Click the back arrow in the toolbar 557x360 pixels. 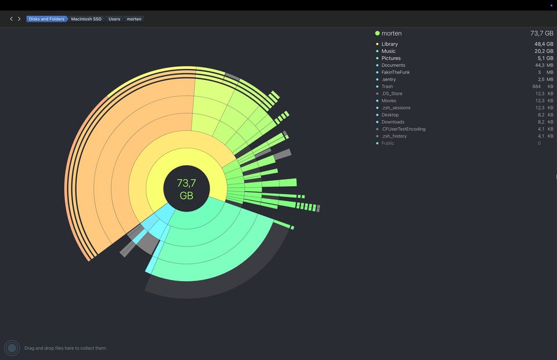tap(12, 19)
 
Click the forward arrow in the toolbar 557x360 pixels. tap(19, 19)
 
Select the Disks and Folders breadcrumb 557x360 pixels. tap(47, 19)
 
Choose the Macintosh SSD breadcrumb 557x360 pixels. tap(86, 19)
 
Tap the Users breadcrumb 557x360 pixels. tap(114, 19)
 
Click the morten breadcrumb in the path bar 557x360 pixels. tap(134, 19)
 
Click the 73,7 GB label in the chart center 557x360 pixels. tap(186, 189)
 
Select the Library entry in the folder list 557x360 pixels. tap(390, 44)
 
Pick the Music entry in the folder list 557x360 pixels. tap(388, 51)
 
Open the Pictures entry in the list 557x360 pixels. tap(391, 58)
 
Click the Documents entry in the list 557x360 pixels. tap(393, 66)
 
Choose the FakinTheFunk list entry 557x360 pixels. tap(396, 72)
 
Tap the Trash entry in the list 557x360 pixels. tap(387, 86)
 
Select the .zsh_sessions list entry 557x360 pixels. tap(396, 108)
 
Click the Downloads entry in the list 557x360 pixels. tap(393, 122)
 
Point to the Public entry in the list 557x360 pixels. tap(388, 143)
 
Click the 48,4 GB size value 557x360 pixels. tap(544, 44)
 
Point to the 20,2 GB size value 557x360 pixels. tap(544, 51)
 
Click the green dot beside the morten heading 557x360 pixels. tap(377, 34)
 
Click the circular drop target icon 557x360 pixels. tap(12, 348)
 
